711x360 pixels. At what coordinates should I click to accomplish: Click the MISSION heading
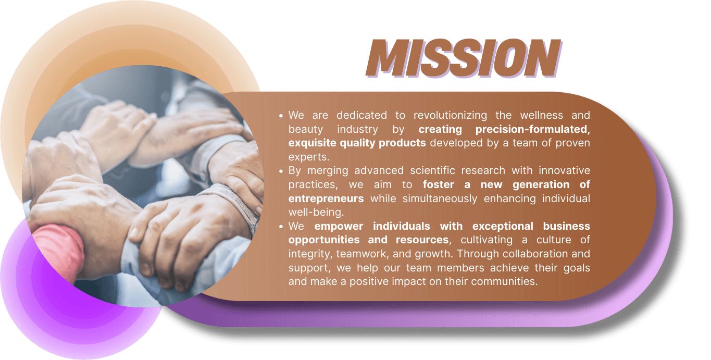[x=463, y=58]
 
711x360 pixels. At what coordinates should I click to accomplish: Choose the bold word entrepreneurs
[x=326, y=198]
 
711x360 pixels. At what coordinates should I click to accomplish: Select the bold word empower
[x=340, y=226]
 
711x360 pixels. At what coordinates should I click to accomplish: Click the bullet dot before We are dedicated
[x=281, y=116]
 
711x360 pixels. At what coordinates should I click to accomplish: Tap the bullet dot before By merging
[x=281, y=171]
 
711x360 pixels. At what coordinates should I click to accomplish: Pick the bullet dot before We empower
[x=281, y=227]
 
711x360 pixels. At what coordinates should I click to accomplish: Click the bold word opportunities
[x=323, y=240]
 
